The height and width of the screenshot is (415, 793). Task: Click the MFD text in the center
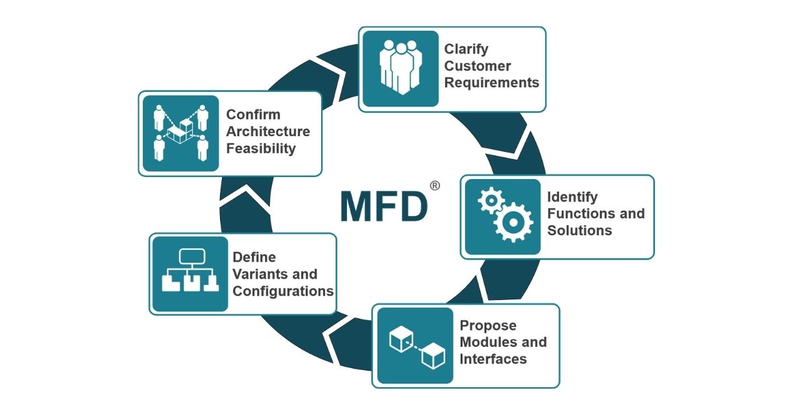point(383,207)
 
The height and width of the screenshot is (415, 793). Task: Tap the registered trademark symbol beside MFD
point(434,186)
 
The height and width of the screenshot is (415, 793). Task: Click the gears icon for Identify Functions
point(503,217)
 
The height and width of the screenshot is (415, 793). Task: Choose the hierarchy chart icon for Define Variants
point(190,273)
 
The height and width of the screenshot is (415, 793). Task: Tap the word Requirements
point(492,83)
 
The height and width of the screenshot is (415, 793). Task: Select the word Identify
point(572,197)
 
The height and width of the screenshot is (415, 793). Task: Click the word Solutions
point(580,231)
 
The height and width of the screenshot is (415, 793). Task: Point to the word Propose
point(488,325)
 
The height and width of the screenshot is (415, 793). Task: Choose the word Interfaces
point(493,359)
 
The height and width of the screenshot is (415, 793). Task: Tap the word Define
point(254,257)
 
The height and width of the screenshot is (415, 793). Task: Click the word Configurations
point(283,291)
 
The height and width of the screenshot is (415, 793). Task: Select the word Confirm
point(253,114)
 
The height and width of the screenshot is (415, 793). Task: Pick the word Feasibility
point(261,148)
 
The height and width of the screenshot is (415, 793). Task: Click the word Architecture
point(268,131)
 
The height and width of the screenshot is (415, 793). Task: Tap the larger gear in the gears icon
point(513,223)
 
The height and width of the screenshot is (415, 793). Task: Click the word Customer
point(477,66)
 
